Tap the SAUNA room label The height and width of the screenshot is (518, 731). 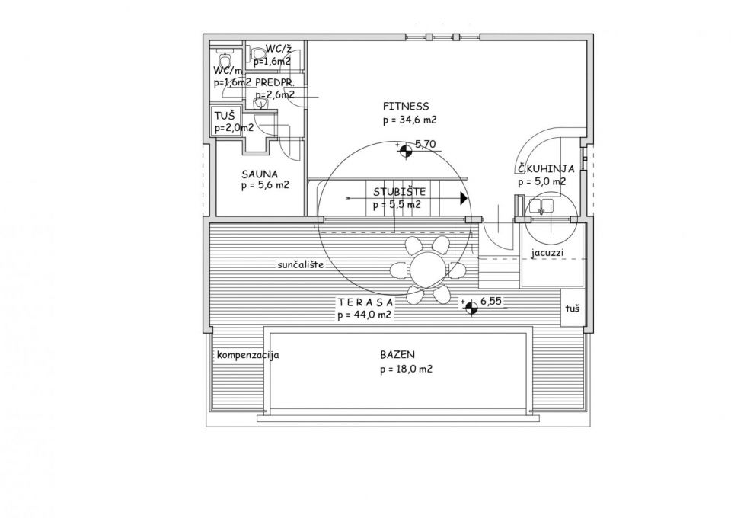coord(258,173)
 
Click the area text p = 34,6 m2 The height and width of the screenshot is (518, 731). coord(409,120)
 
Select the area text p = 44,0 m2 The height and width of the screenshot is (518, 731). coord(365,315)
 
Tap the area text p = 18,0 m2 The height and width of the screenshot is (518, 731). coord(406,369)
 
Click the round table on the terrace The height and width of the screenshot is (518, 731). coord(427,269)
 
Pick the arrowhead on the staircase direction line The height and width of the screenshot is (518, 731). coord(463,198)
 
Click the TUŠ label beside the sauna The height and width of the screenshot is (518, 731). coord(225,115)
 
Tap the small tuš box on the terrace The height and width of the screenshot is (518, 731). coord(573,309)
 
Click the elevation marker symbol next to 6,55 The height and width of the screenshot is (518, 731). coord(472,306)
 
